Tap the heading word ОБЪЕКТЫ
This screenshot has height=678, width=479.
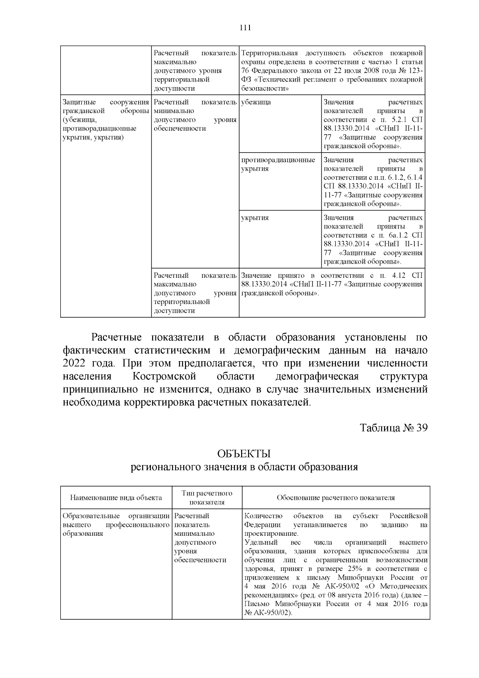(244, 454)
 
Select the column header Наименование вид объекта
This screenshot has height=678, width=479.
(116, 497)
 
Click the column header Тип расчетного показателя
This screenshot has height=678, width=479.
(207, 497)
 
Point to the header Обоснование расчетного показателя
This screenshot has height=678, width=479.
(336, 497)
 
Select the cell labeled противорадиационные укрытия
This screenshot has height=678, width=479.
(278, 164)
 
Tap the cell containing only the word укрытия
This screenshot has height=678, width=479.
(255, 218)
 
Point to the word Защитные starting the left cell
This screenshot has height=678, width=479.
(77, 102)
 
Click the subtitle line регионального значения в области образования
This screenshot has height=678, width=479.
(244, 467)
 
